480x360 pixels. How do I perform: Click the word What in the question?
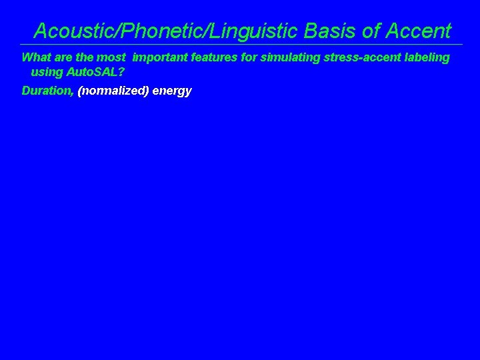click(35, 57)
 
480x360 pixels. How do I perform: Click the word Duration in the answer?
click(47, 91)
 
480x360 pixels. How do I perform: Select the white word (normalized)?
click(112, 91)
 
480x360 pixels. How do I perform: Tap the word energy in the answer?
click(172, 91)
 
